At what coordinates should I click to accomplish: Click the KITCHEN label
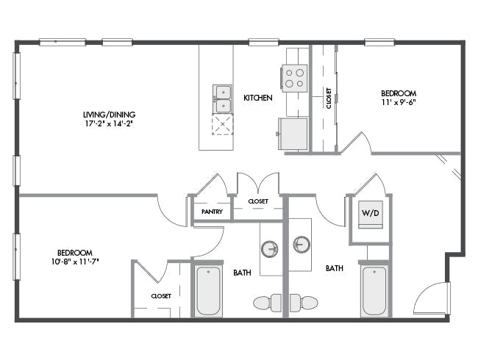click(258, 98)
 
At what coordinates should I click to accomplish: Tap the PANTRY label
click(213, 212)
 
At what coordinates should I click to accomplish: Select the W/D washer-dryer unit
click(371, 215)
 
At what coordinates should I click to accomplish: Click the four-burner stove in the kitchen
click(294, 78)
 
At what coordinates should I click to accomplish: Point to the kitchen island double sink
click(222, 99)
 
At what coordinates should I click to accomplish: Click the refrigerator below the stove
click(293, 134)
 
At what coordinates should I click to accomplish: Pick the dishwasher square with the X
click(223, 124)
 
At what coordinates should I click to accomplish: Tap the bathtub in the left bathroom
click(208, 291)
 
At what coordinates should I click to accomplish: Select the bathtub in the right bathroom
click(374, 291)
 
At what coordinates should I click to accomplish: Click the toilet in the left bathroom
click(268, 303)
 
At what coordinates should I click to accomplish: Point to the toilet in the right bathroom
click(304, 303)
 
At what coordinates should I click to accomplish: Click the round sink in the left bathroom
click(269, 249)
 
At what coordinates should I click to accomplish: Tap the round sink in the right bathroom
click(302, 244)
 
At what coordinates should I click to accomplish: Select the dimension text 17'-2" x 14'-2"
click(110, 123)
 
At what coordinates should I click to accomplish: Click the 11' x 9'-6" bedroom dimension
click(399, 102)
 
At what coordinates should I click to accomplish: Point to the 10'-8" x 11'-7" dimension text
click(75, 261)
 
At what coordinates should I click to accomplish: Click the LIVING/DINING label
click(110, 115)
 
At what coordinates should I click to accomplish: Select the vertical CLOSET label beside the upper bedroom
click(329, 98)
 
